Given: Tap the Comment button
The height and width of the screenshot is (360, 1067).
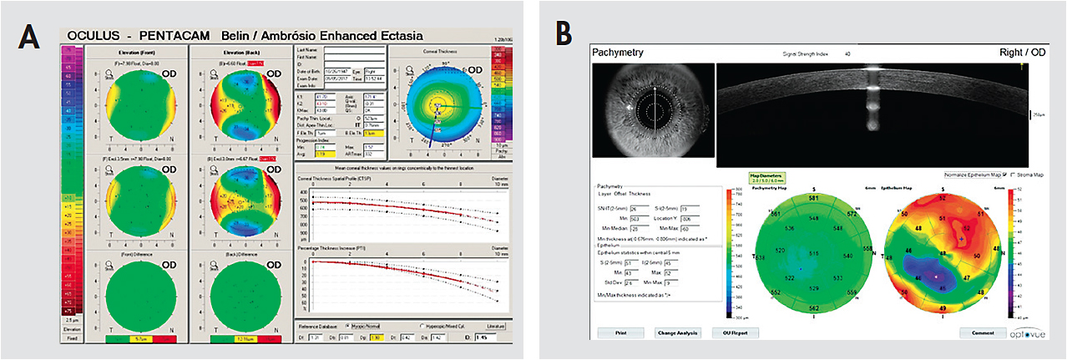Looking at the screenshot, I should [x=982, y=332].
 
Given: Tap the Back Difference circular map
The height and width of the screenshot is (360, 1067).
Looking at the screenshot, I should [x=241, y=292].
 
